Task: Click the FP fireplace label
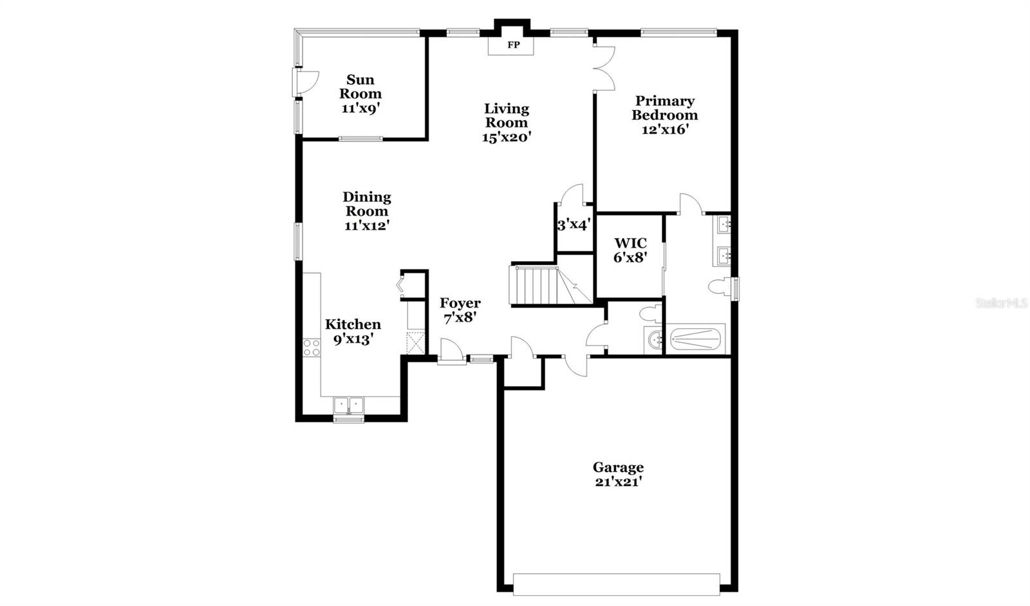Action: click(514, 45)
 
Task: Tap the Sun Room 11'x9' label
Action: click(360, 94)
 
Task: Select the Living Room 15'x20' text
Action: click(507, 123)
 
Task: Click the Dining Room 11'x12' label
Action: click(367, 211)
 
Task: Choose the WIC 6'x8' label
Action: click(630, 250)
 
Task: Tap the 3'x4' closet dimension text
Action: click(574, 225)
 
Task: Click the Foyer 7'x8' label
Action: click(460, 310)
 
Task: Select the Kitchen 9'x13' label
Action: click(353, 331)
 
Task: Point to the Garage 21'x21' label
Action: click(618, 474)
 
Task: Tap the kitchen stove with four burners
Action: click(312, 347)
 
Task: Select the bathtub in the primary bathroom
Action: click(695, 339)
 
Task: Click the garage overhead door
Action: click(616, 584)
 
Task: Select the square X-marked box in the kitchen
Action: click(416, 342)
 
